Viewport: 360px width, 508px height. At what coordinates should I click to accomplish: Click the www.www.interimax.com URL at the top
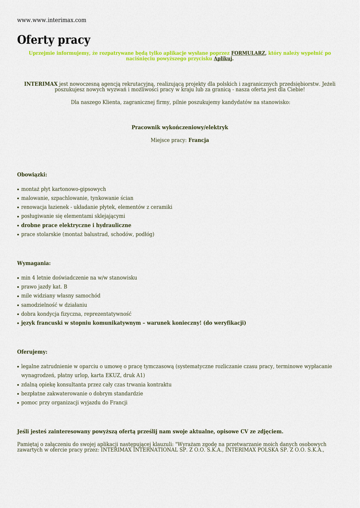click(x=52, y=20)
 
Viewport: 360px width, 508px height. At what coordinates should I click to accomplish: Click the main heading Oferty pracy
click(x=54, y=40)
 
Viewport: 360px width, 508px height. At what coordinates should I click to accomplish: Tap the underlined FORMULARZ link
click(x=248, y=53)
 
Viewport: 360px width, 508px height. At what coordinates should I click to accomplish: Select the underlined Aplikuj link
click(x=223, y=59)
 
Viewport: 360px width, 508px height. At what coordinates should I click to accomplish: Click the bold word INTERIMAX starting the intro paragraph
click(x=41, y=84)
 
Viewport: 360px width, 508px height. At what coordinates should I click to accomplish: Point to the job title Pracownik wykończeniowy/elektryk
click(x=180, y=127)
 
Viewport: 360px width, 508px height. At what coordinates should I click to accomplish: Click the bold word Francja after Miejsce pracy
click(x=199, y=140)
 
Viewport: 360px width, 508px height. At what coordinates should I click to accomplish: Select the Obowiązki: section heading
click(x=32, y=175)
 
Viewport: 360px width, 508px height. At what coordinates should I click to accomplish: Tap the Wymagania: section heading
click(x=34, y=263)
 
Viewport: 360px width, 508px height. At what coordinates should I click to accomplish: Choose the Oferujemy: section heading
click(x=32, y=352)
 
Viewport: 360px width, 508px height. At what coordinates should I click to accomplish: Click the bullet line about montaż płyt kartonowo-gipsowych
click(x=64, y=189)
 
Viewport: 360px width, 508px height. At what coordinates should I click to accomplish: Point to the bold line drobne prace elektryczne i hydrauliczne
click(x=76, y=225)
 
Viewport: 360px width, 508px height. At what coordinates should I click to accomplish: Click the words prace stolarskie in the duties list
click(x=41, y=234)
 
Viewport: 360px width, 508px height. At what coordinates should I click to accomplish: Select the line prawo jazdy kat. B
click(x=44, y=287)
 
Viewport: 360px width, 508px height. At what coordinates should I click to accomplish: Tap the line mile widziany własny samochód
click(x=61, y=296)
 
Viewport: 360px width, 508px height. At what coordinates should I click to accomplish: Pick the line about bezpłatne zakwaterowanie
click(x=82, y=393)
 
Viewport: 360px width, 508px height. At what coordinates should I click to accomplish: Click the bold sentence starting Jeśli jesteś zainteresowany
click(x=150, y=432)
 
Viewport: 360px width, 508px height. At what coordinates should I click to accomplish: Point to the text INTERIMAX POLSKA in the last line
click(x=247, y=450)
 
